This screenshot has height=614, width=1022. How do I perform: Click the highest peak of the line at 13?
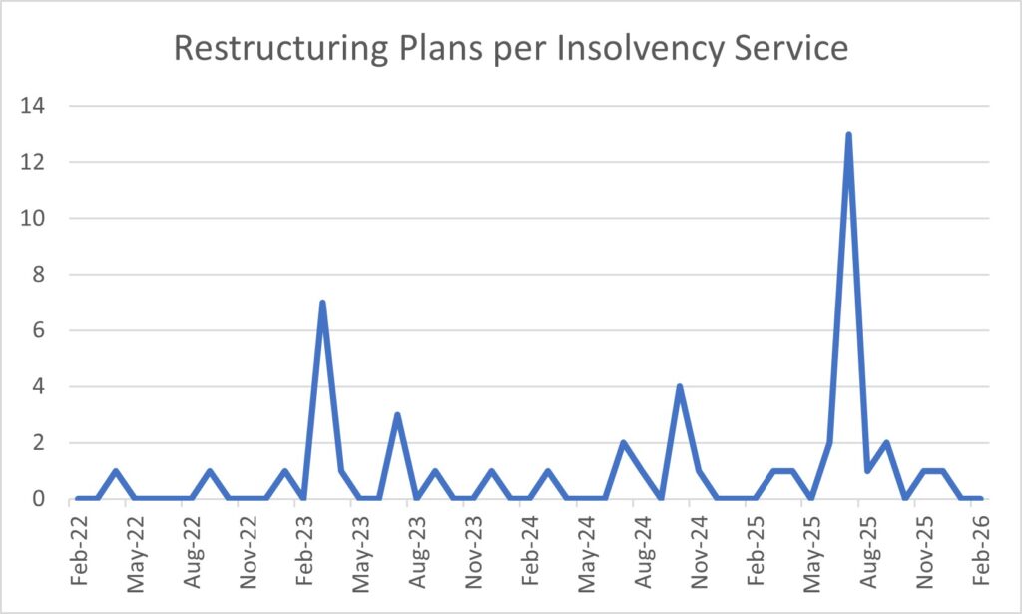tap(848, 135)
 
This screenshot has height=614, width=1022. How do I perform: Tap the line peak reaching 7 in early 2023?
tap(322, 303)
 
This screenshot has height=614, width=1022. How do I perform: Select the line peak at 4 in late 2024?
tap(679, 386)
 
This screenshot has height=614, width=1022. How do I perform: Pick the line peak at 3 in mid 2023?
tap(397, 414)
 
